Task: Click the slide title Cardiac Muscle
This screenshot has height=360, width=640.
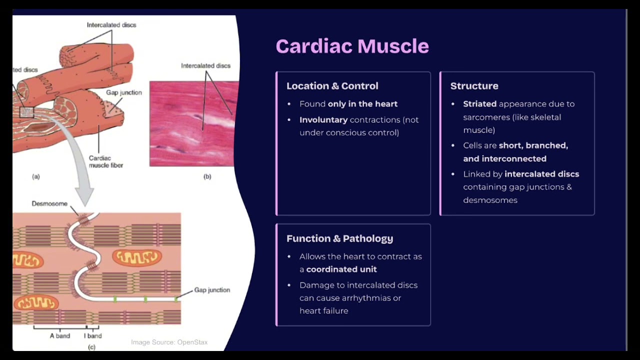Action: pyautogui.click(x=352, y=46)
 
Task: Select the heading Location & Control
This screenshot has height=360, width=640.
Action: pyautogui.click(x=332, y=86)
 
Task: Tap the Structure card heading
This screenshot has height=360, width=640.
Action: pyautogui.click(x=474, y=86)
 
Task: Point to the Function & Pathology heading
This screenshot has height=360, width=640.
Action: pyautogui.click(x=339, y=238)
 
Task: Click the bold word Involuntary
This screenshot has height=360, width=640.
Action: pyautogui.click(x=323, y=120)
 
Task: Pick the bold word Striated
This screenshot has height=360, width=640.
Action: pyautogui.click(x=479, y=104)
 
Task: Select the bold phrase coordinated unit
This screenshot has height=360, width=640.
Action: pyautogui.click(x=341, y=269)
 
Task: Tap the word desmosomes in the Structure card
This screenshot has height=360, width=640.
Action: pyautogui.click(x=490, y=200)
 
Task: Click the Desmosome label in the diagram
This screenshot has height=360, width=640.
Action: pyautogui.click(x=49, y=204)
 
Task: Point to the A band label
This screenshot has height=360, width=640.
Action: pyautogui.click(x=60, y=336)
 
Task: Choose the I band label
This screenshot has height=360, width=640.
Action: pyautogui.click(x=93, y=336)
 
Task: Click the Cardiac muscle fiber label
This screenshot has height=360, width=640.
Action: pyautogui.click(x=105, y=161)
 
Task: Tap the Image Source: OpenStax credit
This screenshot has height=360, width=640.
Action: pyautogui.click(x=169, y=342)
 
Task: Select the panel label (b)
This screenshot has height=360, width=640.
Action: pyautogui.click(x=207, y=176)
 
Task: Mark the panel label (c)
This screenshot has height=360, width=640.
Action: pyautogui.click(x=91, y=347)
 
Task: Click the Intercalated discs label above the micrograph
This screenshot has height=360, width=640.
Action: pyautogui.click(x=205, y=66)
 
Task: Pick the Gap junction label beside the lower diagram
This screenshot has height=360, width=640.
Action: pyautogui.click(x=212, y=290)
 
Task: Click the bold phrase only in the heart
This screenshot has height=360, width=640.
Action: pyautogui.click(x=362, y=104)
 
